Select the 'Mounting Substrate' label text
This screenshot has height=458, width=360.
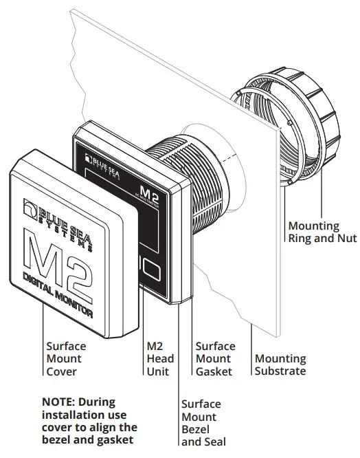280,364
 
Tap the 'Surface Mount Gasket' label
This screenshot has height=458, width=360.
215,358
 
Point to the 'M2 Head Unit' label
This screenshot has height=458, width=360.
160,358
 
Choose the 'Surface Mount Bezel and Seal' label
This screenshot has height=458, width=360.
201,423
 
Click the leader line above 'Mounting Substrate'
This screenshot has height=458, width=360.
253,337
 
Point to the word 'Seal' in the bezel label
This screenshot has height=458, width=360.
210,441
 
